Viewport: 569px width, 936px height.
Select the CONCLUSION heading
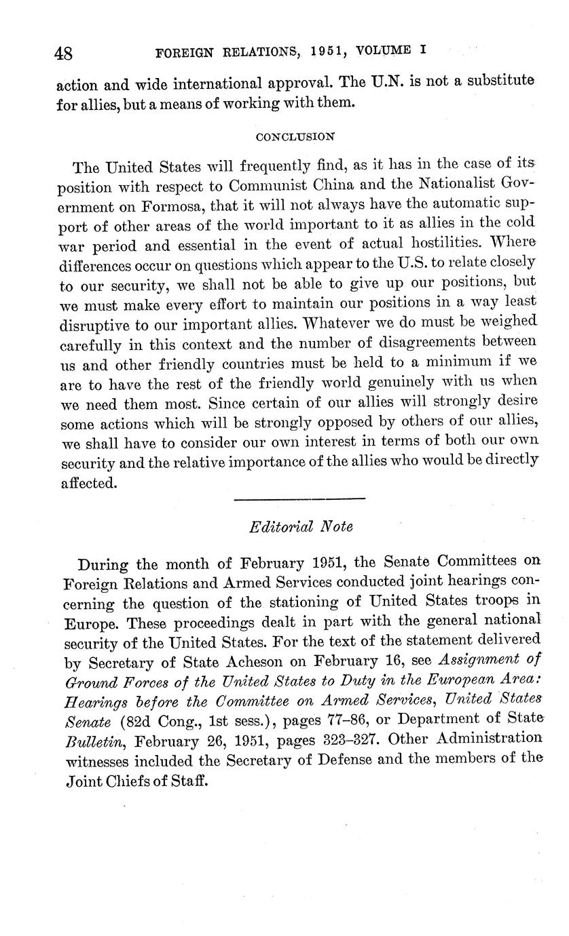(x=295, y=136)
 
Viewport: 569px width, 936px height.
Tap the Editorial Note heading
(x=301, y=526)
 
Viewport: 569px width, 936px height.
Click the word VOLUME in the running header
(x=382, y=50)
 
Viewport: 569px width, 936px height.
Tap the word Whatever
(x=345, y=321)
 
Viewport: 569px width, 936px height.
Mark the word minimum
(x=453, y=359)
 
